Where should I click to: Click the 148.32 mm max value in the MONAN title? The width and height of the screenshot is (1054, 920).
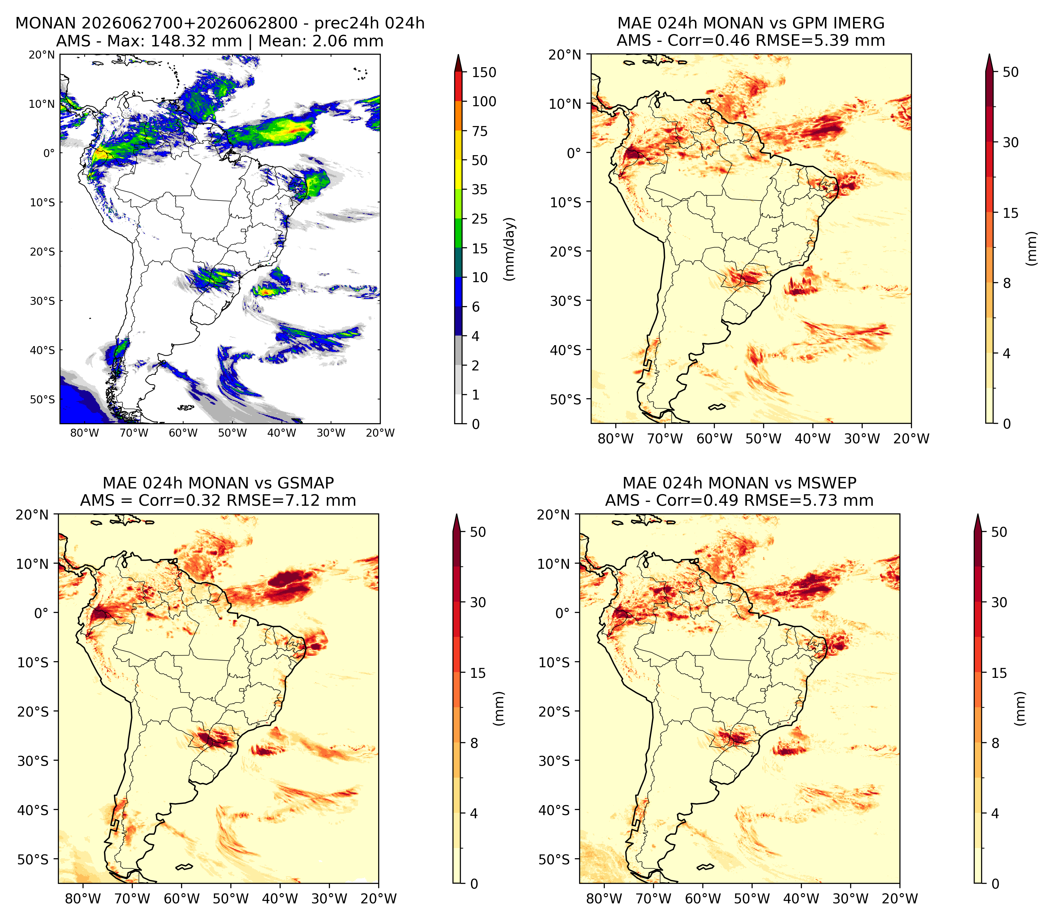point(196,41)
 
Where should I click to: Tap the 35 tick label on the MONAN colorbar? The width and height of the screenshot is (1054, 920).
point(480,189)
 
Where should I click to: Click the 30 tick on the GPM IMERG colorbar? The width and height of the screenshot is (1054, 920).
point(1010,142)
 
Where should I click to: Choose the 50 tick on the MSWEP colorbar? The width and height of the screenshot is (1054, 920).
point(999,532)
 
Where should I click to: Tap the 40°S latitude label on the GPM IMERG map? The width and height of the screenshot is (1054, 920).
point(566,350)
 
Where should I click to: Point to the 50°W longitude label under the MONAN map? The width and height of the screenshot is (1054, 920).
point(232,433)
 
